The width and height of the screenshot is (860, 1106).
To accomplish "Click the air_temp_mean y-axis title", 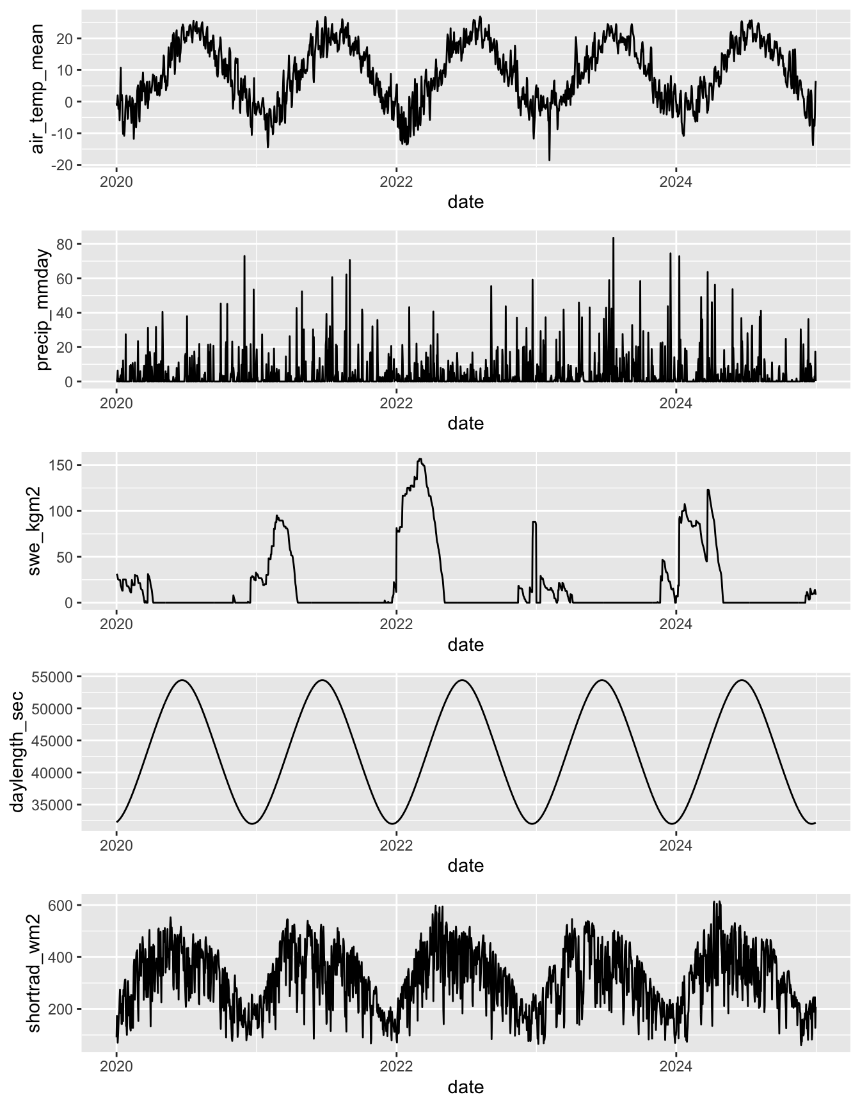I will (38, 88).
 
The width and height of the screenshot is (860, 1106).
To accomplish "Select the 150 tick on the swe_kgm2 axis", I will (63, 465).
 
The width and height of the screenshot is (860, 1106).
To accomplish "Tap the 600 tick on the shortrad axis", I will (63, 905).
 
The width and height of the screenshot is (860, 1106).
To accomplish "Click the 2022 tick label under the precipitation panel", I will (396, 403).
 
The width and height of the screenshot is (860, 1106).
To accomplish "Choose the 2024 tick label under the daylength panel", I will (676, 846).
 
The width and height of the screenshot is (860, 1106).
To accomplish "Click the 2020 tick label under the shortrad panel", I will (116, 1067).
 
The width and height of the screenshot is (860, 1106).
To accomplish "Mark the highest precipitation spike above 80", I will (613, 238).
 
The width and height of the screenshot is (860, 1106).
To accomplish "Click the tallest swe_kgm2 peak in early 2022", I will (420, 459).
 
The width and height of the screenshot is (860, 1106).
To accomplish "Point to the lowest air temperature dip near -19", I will (549, 160).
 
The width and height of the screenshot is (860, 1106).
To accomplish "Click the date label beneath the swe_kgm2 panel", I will (465, 645).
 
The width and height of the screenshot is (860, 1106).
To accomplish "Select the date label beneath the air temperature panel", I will (465, 202).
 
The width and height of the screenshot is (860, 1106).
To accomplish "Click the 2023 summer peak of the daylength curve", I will (601, 680).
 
